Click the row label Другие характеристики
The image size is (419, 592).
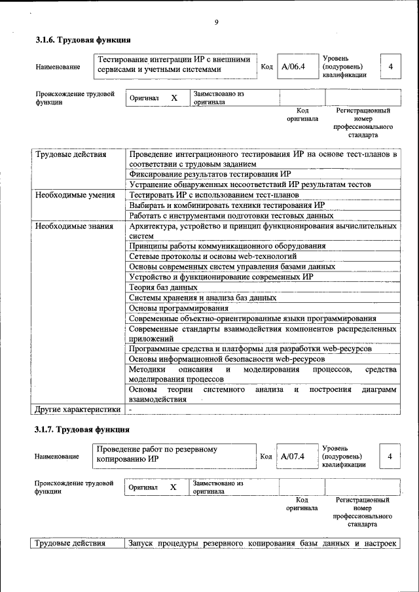point(77,409)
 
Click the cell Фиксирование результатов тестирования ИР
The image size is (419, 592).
point(209,174)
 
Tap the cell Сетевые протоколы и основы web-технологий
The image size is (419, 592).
point(212,256)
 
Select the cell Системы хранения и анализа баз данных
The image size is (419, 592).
point(202,298)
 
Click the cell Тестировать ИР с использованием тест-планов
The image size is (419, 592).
point(214,195)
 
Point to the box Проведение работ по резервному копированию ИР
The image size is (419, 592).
point(174,455)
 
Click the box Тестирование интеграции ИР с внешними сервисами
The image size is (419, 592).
point(174,64)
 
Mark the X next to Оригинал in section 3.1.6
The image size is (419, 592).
point(174,97)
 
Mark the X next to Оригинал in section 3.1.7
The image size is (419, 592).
point(173,487)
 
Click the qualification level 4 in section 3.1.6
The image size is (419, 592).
point(390,67)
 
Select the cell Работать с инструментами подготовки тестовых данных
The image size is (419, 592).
point(227,216)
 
